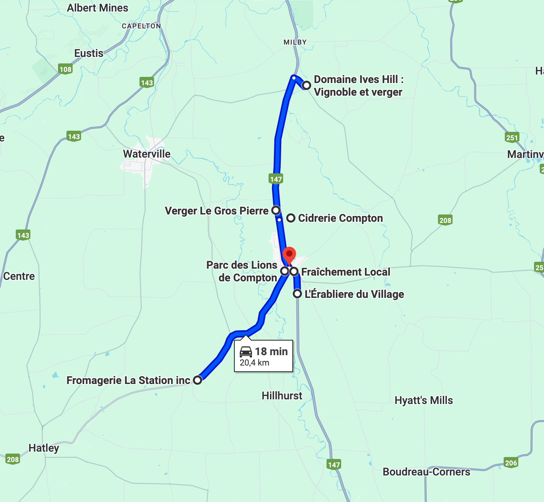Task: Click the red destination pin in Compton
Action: pyautogui.click(x=289, y=254)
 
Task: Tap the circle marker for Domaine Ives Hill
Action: pyautogui.click(x=306, y=85)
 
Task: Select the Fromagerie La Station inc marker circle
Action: pyautogui.click(x=197, y=380)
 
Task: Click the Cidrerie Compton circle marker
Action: pyautogui.click(x=291, y=218)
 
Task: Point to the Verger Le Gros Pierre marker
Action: pyautogui.click(x=276, y=210)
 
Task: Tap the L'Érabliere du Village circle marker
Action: pyautogui.click(x=297, y=294)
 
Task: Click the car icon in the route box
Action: pyautogui.click(x=246, y=351)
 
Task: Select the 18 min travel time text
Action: pyautogui.click(x=271, y=351)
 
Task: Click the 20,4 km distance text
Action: pyautogui.click(x=254, y=363)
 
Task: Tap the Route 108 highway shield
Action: pyautogui.click(x=66, y=69)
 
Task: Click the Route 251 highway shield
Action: pyautogui.click(x=512, y=138)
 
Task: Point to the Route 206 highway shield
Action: pyautogui.click(x=511, y=463)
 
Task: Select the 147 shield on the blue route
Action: pyautogui.click(x=276, y=179)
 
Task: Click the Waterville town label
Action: pyautogui.click(x=147, y=154)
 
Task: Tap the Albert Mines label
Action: pyautogui.click(x=98, y=8)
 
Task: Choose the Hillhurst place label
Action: pyautogui.click(x=282, y=396)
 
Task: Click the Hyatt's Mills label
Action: pyautogui.click(x=424, y=400)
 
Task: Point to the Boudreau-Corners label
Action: pyautogui.click(x=426, y=472)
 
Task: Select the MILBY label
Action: pyautogui.click(x=295, y=42)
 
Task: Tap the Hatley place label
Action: pyautogui.click(x=44, y=448)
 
